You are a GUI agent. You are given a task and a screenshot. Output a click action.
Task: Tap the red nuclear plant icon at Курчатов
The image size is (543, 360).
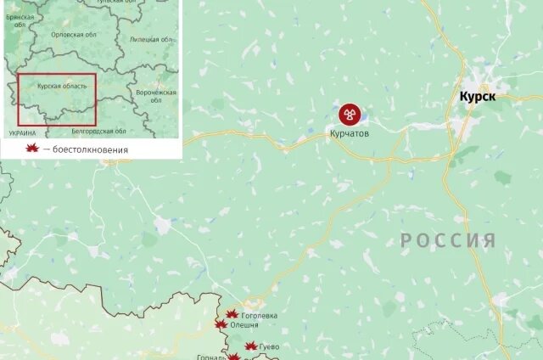tap(349, 115)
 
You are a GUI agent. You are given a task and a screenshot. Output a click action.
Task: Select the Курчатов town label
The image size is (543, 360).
tap(349, 133)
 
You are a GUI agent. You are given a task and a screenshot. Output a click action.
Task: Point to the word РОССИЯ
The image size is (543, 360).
tap(448, 240)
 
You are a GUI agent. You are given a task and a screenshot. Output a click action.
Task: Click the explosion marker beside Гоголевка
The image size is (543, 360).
tap(232, 315)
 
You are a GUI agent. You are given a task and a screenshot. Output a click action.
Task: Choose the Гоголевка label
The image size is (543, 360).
tap(260, 316)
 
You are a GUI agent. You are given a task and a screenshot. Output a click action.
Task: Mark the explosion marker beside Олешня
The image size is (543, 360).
tap(221, 325)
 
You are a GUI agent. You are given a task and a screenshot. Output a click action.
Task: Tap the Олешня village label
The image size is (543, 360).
tap(245, 325)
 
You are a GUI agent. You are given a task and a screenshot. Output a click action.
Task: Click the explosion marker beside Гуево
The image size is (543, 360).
tap(251, 346)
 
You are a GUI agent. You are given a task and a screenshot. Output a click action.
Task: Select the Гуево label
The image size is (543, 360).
tap(269, 347)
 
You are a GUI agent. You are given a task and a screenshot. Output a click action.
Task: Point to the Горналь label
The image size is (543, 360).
tap(211, 357)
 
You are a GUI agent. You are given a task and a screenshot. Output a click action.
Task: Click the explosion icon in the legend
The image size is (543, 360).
tap(32, 149)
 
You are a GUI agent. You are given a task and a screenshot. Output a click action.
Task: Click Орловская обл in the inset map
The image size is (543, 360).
tap(73, 35)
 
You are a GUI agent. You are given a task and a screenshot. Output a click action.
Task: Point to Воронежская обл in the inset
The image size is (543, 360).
tap(157, 95)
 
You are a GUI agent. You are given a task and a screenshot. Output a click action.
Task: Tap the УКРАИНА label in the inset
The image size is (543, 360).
tap(22, 133)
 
